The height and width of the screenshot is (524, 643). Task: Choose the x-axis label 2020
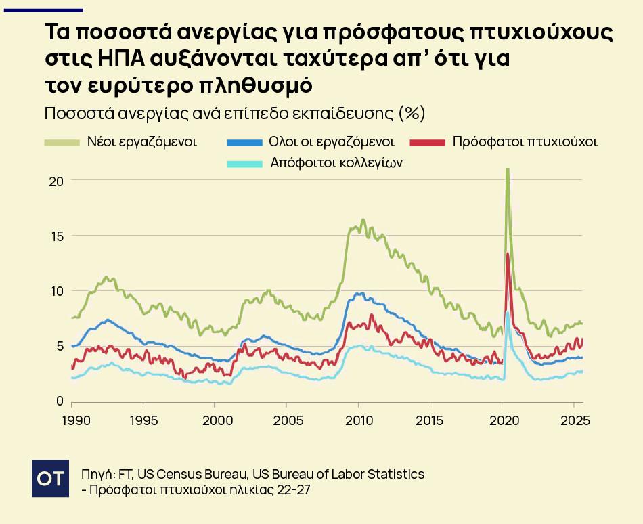tap(502, 420)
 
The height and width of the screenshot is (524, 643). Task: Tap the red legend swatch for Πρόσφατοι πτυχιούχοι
tap(428, 143)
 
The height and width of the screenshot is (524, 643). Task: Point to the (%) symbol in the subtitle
tap(412, 112)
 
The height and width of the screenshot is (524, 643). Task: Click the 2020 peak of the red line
tap(508, 254)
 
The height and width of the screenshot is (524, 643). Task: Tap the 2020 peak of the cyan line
tap(507, 313)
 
